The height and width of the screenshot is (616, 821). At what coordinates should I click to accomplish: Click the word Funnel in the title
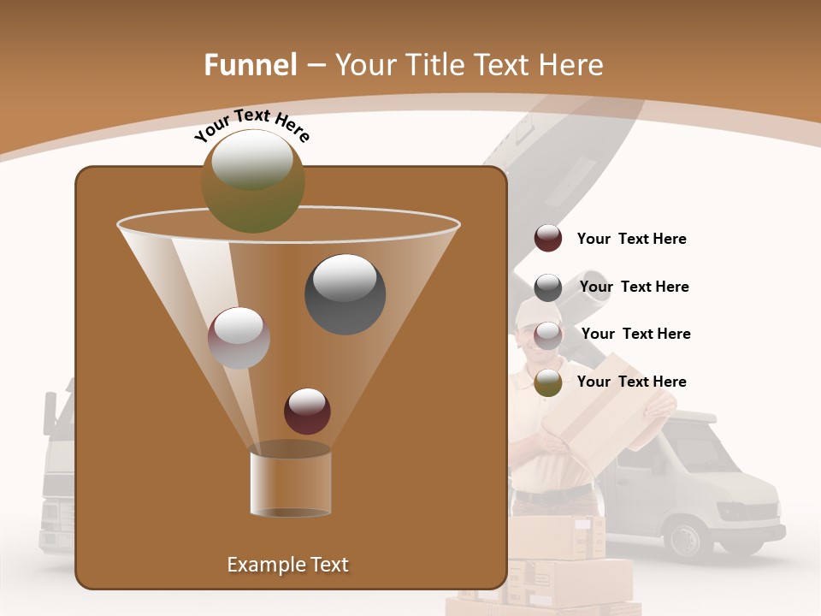251,65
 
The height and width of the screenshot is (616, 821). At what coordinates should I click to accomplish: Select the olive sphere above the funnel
253,181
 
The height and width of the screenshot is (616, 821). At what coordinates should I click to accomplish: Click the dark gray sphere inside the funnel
345,293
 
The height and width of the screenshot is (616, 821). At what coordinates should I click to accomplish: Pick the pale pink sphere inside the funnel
239,338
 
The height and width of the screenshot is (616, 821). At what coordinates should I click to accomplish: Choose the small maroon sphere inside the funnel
307,411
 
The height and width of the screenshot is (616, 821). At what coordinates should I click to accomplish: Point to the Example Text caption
287,565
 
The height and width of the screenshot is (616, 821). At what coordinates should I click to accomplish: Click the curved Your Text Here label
252,125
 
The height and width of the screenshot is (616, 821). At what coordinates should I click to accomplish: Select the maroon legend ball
548,239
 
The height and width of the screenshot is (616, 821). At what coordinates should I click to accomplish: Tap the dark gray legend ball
548,287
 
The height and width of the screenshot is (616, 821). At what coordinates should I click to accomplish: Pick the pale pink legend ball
548,335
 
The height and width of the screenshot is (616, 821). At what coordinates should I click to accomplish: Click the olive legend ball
548,382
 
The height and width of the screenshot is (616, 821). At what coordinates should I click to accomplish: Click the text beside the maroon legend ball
631,240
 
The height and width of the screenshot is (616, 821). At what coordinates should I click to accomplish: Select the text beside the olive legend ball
631,382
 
